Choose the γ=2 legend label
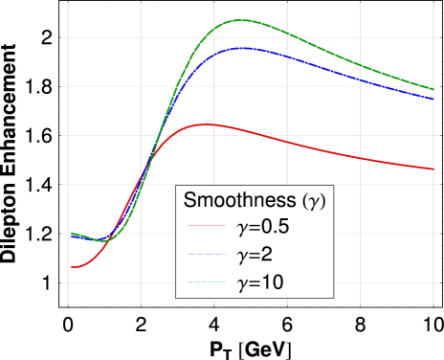tap(255, 256)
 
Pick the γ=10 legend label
tap(259, 282)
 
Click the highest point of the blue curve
tap(244, 47)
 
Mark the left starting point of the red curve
tap(71, 267)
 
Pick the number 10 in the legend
tap(272, 282)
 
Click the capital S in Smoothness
tap(189, 201)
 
